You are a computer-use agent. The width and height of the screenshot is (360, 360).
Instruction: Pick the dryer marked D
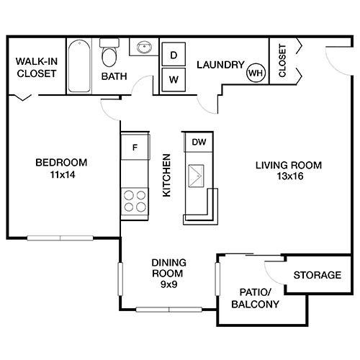tap(174, 55)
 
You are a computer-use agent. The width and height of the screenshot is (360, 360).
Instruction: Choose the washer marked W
tap(174, 78)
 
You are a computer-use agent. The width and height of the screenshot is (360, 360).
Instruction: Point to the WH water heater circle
tap(256, 72)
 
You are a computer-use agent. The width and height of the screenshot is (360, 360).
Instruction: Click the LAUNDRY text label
tap(220, 65)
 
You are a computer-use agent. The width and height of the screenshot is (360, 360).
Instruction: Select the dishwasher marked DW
tap(199, 142)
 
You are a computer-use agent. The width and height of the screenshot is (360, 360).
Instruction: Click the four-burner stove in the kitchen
tap(134, 199)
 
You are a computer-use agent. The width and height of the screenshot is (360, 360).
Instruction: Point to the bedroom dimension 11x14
tap(61, 174)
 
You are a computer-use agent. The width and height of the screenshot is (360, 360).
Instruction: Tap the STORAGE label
tap(318, 275)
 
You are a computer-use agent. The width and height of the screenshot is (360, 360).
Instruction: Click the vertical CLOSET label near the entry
tap(282, 61)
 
